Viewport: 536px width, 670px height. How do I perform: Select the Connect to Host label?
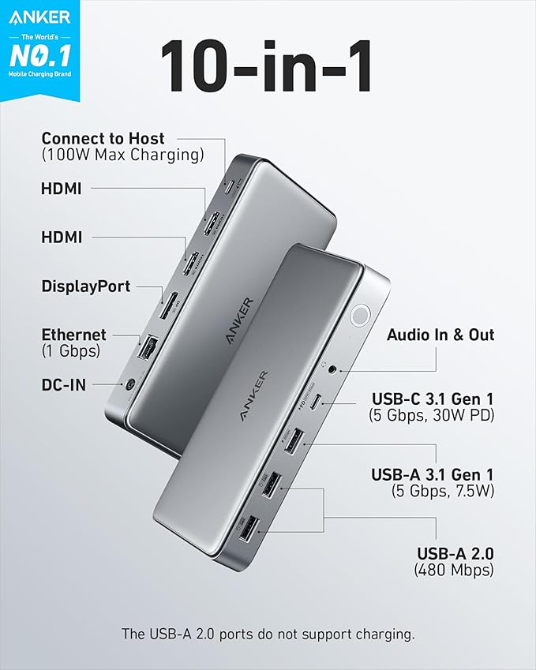(x=103, y=138)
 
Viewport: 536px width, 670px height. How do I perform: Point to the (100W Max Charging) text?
(x=122, y=155)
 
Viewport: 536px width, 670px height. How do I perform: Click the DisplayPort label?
(x=86, y=286)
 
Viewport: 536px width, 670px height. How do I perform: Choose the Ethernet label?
(x=74, y=335)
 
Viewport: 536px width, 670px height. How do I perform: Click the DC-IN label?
(x=64, y=384)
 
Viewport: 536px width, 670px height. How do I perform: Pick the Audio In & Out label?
(x=440, y=335)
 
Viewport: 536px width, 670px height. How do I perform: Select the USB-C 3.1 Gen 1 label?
(x=431, y=395)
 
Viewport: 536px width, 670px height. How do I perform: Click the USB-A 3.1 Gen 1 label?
(x=433, y=474)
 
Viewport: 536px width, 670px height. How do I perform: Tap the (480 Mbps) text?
(x=454, y=570)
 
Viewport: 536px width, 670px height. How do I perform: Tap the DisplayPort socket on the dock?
(x=167, y=305)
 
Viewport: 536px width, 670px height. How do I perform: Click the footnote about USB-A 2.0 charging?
(x=268, y=634)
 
